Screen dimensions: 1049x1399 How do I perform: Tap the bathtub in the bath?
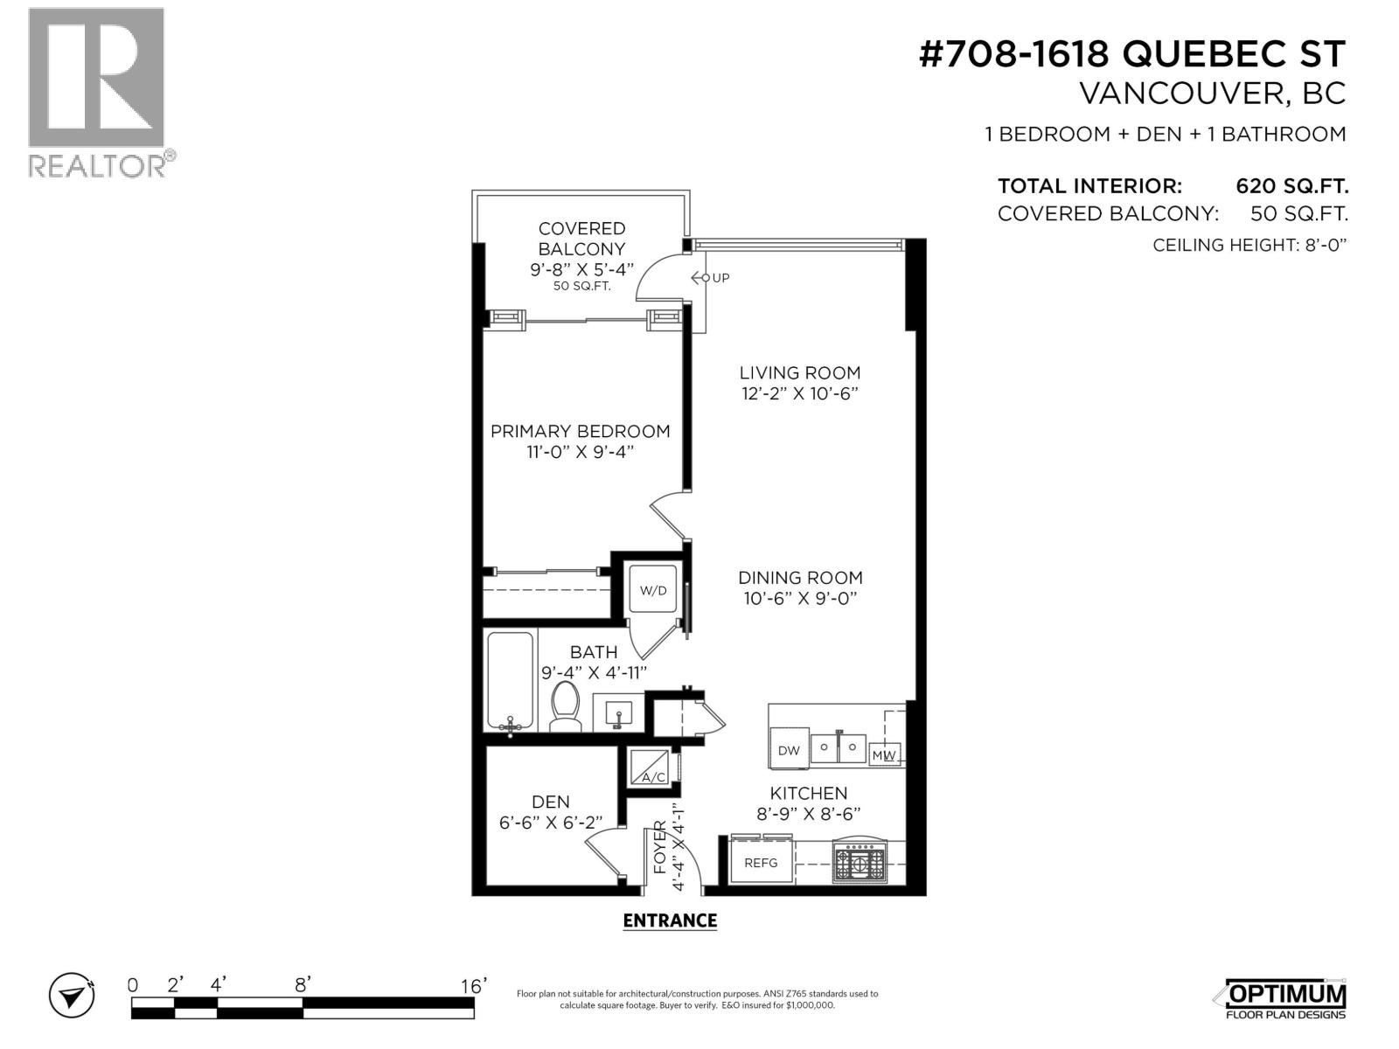click(x=510, y=681)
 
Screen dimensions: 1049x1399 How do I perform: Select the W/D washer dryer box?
click(x=653, y=590)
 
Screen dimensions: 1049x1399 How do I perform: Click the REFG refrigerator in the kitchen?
click(x=761, y=862)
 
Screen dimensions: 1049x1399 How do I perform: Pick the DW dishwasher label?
click(x=789, y=751)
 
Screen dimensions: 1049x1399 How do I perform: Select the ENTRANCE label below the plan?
click(x=670, y=920)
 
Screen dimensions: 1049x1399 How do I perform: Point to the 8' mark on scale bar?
click(x=302, y=985)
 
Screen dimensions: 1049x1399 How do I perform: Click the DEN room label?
click(x=551, y=802)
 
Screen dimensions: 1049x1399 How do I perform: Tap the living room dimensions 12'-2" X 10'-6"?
click(x=800, y=393)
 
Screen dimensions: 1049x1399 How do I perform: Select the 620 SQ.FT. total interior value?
click(x=1291, y=186)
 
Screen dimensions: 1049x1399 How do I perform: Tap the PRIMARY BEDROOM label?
click(x=580, y=431)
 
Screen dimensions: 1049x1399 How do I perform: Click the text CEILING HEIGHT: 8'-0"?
click(x=1249, y=245)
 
